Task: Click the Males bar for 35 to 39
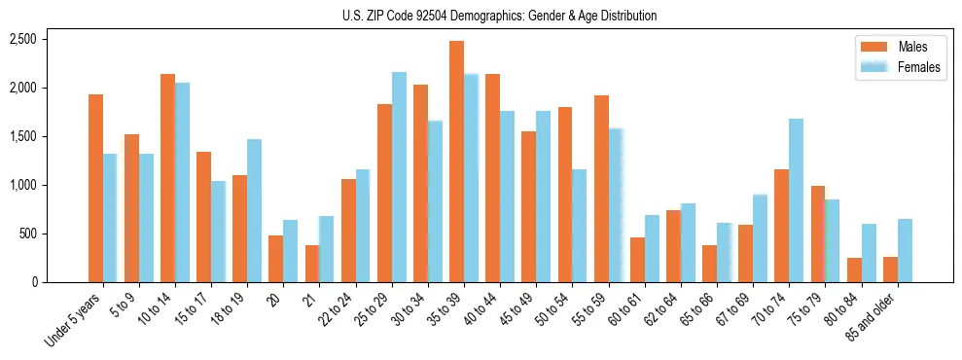[x=456, y=162]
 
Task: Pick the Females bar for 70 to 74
[x=796, y=200]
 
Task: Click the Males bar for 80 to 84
[x=854, y=270]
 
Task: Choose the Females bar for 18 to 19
[x=254, y=210]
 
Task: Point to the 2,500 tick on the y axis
[x=22, y=39]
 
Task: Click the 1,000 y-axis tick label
[x=22, y=185]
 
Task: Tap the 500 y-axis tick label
[x=28, y=234]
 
